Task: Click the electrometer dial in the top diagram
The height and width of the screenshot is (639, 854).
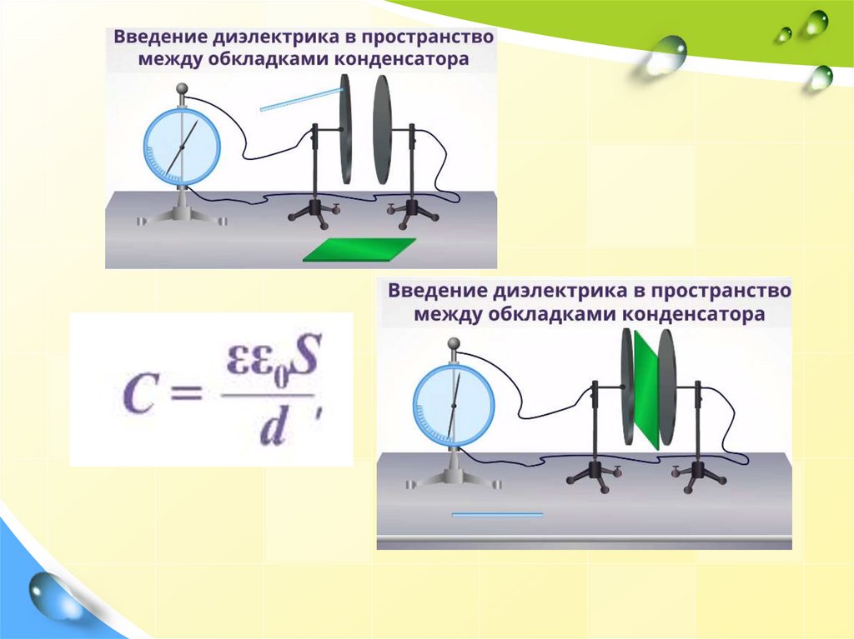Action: click(181, 147)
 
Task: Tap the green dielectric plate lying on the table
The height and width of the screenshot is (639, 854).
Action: click(359, 250)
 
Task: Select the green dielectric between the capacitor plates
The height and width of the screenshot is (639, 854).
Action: click(646, 389)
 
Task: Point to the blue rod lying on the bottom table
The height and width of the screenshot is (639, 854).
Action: click(497, 515)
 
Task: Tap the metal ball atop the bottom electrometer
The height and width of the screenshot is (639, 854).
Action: click(454, 342)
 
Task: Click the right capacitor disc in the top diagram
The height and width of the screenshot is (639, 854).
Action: click(382, 129)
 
